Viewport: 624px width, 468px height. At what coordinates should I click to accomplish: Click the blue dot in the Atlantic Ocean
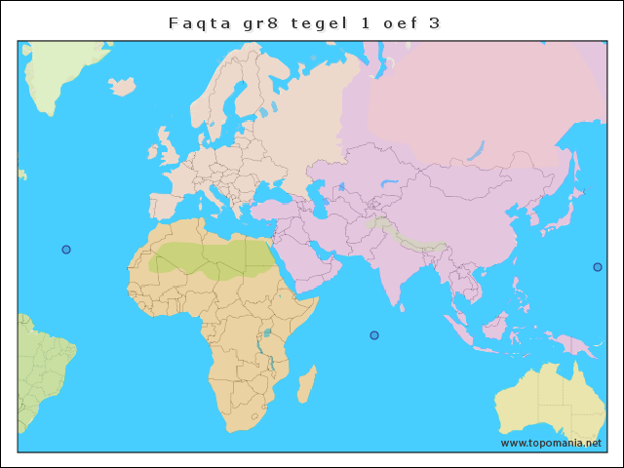point(66,250)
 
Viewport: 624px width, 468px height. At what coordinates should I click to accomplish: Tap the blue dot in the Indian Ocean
point(373,335)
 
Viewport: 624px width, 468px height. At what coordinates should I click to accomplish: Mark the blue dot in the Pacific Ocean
point(598,267)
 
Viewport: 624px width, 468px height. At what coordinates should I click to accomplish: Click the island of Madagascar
point(306,383)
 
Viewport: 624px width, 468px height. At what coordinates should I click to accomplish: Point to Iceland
point(123,87)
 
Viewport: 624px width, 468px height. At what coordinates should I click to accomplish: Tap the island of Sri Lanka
point(402,305)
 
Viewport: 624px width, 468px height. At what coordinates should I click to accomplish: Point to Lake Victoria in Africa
point(267,333)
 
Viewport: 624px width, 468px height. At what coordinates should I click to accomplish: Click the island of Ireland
point(153,153)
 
